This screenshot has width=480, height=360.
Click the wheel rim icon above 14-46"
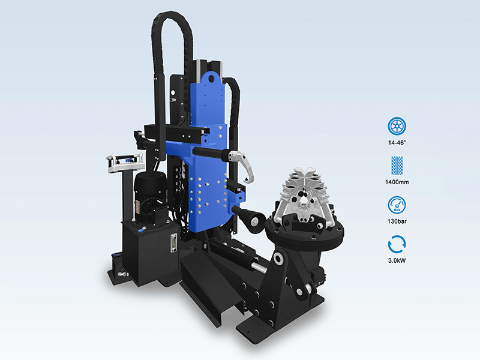397,126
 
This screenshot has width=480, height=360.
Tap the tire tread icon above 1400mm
397,166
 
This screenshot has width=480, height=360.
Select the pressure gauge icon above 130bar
397,205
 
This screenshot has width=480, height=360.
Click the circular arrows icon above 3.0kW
397,244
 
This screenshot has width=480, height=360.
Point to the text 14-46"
397,143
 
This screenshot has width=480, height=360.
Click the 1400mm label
397,182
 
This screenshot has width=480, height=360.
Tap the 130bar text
397,221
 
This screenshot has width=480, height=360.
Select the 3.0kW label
397,260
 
